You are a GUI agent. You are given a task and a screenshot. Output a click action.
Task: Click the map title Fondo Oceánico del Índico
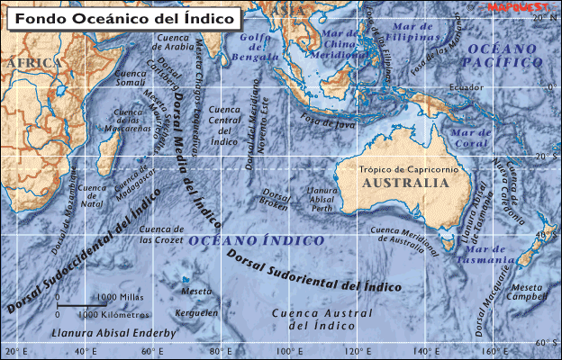click(123, 17)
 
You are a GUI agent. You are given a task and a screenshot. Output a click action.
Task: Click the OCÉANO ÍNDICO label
click(256, 241)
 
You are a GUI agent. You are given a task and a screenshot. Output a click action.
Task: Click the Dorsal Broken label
click(274, 199)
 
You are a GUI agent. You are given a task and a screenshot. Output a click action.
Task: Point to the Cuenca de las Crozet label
click(164, 235)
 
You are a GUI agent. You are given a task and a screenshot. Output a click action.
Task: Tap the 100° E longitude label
click(287, 351)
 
